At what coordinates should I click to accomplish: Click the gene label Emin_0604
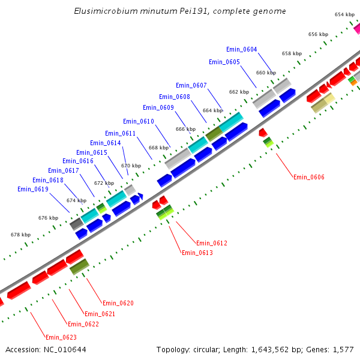241,49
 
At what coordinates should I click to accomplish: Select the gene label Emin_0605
224,62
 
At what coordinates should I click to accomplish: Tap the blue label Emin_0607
191,85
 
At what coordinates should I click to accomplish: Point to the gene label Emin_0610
138,121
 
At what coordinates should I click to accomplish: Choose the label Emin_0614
105,143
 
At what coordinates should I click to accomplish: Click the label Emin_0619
32,189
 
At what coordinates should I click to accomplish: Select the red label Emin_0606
308,177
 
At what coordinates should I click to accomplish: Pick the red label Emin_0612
212,243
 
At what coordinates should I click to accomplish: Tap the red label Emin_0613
197,253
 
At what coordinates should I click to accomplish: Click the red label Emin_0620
118,303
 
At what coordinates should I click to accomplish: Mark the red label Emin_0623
61,337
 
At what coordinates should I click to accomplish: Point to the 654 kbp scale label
344,14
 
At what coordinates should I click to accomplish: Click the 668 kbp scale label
158,148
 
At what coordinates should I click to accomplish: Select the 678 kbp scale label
20,235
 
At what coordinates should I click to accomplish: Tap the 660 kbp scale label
266,73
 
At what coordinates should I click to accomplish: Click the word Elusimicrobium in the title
101,11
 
